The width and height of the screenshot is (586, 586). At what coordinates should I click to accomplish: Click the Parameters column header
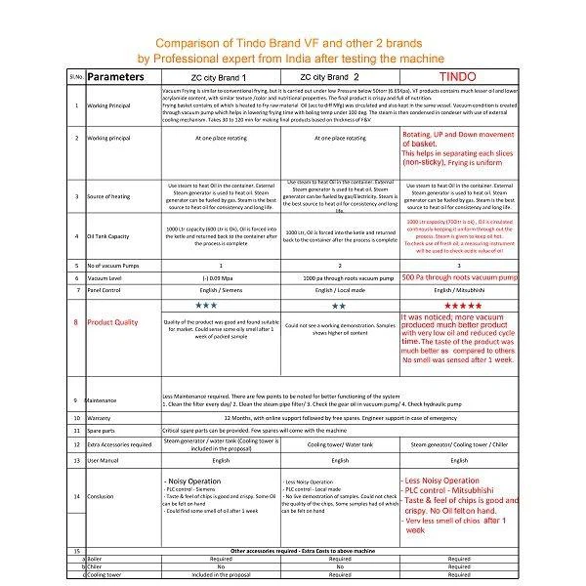pos(122,75)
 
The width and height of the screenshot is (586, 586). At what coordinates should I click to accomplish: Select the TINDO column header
pos(457,75)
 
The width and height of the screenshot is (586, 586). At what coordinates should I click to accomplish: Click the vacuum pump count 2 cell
pos(339,265)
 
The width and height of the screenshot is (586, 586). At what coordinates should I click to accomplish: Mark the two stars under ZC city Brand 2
pos(339,306)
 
